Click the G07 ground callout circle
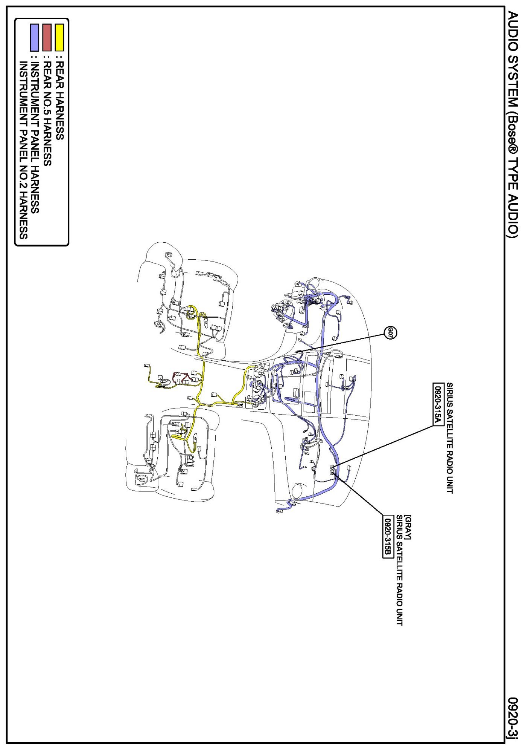[390, 333]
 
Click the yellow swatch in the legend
[59, 38]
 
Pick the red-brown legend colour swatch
[47, 38]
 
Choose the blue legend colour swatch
[35, 38]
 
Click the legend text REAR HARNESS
[59, 101]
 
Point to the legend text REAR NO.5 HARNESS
[47, 113]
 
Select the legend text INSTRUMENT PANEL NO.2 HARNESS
[23, 150]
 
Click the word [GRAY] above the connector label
[408, 527]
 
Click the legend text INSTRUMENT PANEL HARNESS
[35, 137]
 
